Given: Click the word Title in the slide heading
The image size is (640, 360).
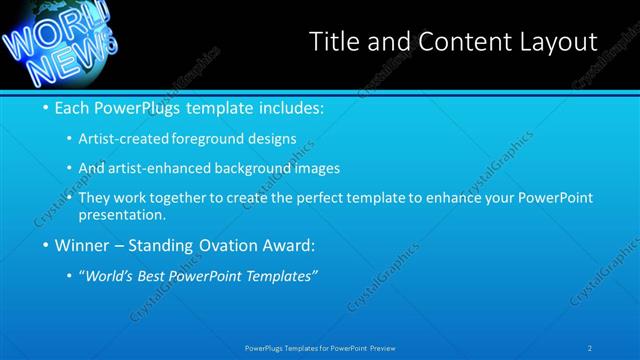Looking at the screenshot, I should [x=334, y=41].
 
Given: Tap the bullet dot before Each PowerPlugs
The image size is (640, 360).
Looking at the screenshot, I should [x=48, y=107].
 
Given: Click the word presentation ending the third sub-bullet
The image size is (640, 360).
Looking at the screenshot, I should [x=126, y=214].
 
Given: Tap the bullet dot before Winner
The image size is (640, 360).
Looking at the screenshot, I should [x=48, y=246].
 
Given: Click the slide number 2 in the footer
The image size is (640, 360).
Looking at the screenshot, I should [x=590, y=348].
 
